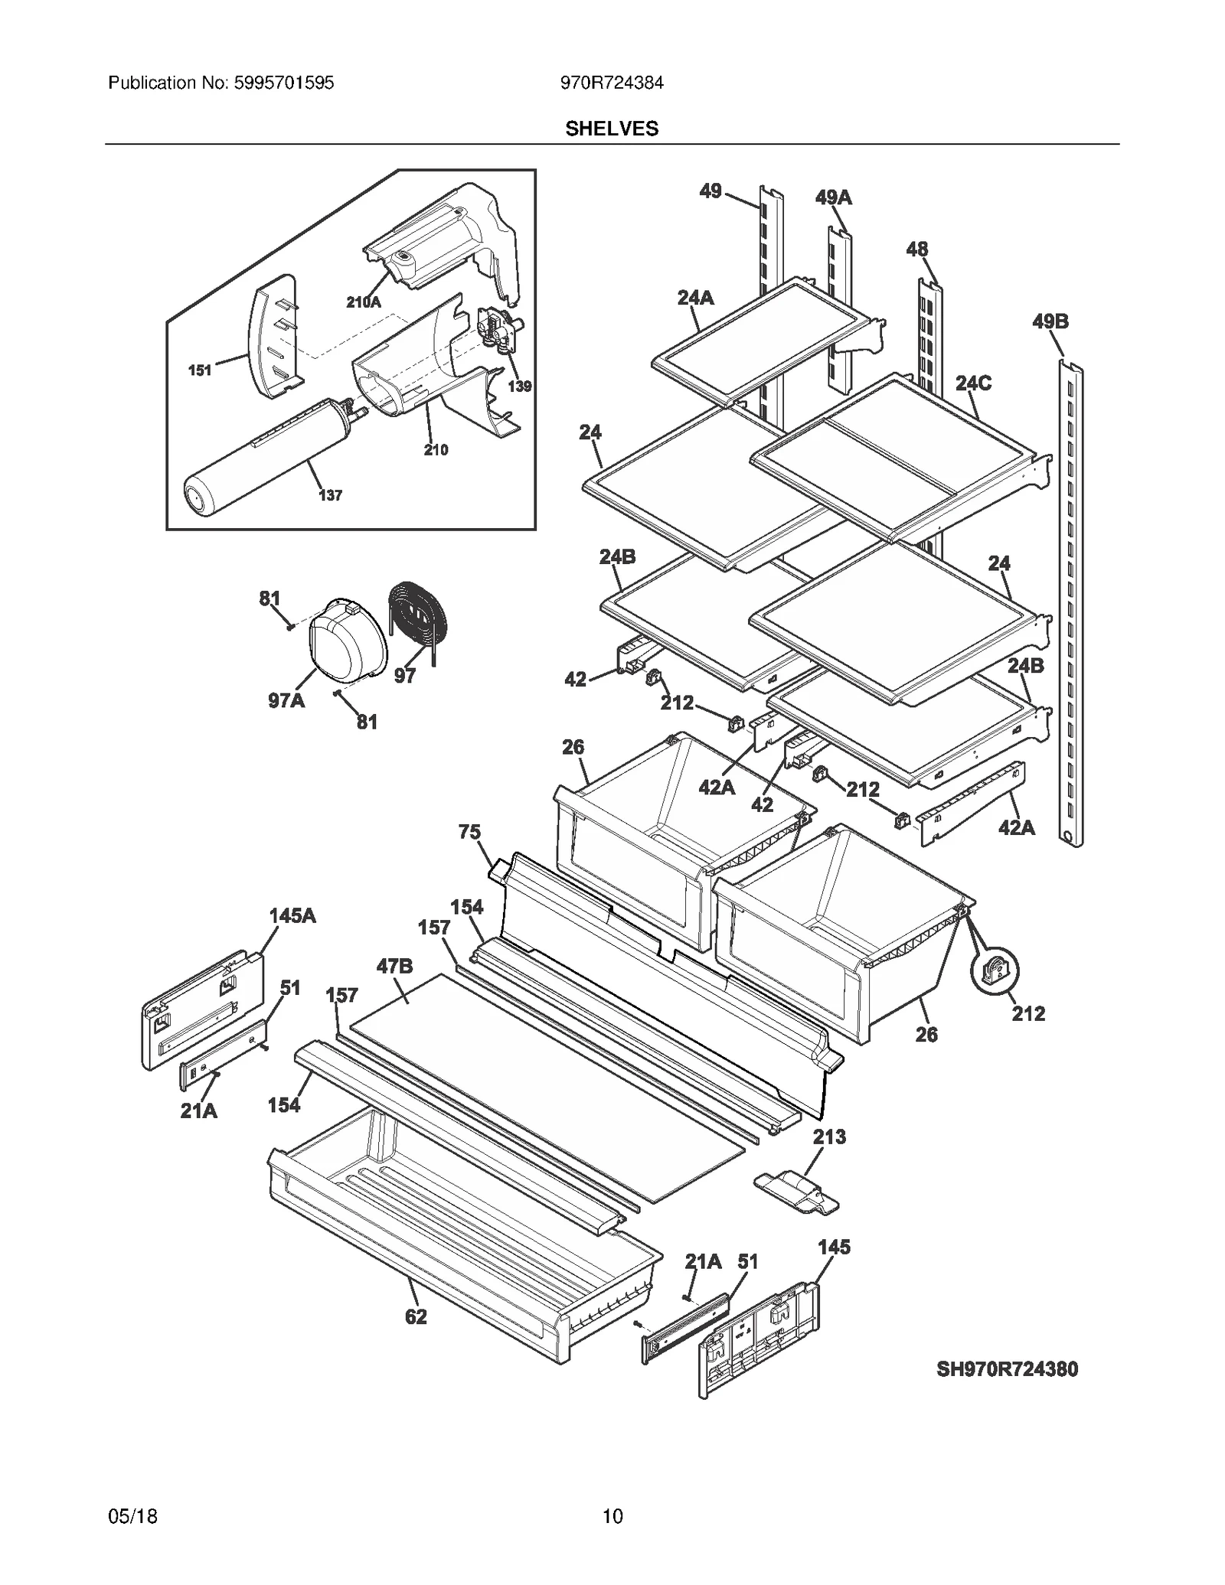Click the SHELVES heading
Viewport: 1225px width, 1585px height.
click(x=611, y=129)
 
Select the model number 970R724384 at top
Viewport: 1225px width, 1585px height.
click(x=611, y=83)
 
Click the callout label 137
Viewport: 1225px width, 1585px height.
click(x=330, y=495)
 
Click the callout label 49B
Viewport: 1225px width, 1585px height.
click(x=1050, y=321)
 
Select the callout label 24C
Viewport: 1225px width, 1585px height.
click(x=972, y=383)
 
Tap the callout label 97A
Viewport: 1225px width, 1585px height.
click(x=286, y=700)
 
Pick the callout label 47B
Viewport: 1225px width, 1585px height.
click(x=394, y=967)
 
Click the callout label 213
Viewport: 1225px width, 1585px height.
click(x=829, y=1137)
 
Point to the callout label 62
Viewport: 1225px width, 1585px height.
click(x=416, y=1316)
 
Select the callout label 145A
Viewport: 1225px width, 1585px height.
click(x=292, y=915)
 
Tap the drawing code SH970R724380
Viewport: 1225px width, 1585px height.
click(x=1007, y=1369)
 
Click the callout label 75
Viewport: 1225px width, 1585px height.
click(x=469, y=832)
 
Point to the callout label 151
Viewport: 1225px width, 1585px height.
click(x=199, y=370)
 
